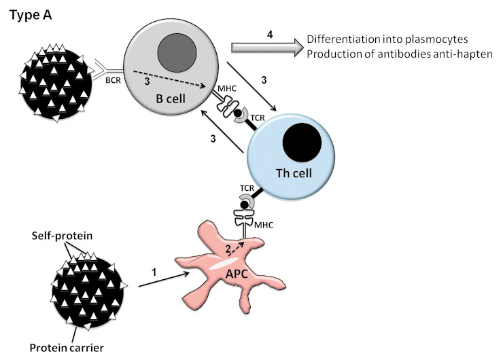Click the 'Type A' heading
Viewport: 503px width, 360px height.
point(31,14)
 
